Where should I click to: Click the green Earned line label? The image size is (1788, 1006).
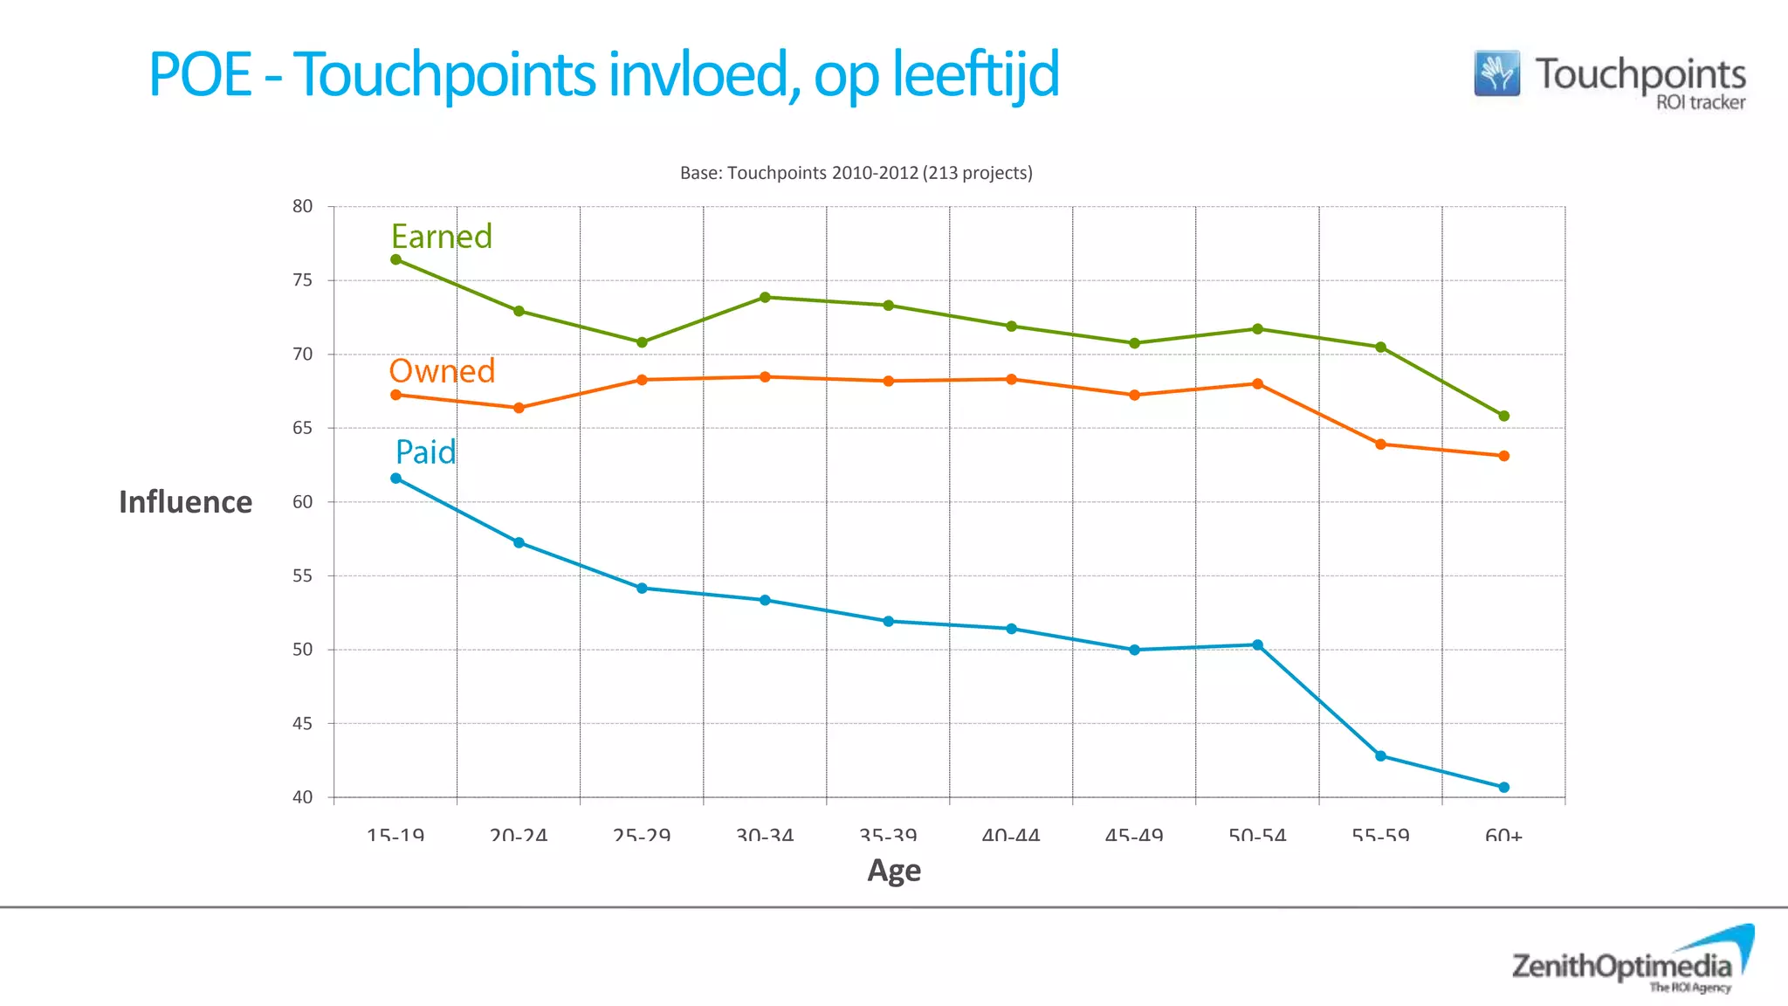coord(441,237)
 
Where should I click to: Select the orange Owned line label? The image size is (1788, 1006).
coord(442,371)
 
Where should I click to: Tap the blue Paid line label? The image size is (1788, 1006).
coord(425,452)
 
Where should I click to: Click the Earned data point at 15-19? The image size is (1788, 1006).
coord(395,259)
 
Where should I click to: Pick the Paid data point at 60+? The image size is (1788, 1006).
coord(1503,787)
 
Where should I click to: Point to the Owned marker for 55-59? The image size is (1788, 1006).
coord(1380,444)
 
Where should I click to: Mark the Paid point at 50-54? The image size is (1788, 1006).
coord(1257,645)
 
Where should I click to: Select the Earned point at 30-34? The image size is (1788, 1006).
coord(765,297)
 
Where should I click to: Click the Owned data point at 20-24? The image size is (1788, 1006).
coord(519,408)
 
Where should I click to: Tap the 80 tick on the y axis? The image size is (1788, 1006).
coord(302,207)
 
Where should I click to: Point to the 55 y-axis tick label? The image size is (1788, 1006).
coord(302,576)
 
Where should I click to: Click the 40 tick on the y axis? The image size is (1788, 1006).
coord(302,797)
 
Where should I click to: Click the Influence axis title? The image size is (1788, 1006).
coord(185,502)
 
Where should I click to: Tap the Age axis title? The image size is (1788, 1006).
coord(894,871)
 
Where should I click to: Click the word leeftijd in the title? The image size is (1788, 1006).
coord(975,75)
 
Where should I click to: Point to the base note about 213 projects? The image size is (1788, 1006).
coord(856,173)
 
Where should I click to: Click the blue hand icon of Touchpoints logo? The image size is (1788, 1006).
coord(1496,73)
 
